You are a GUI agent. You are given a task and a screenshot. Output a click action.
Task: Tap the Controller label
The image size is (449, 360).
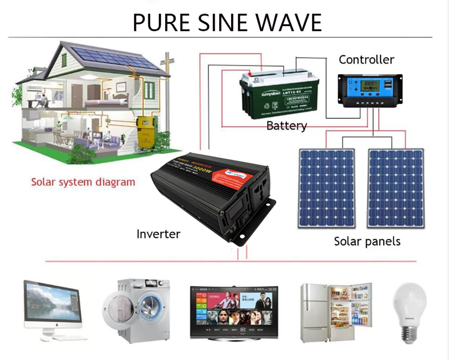366,60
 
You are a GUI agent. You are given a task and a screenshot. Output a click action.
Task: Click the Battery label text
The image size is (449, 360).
286,125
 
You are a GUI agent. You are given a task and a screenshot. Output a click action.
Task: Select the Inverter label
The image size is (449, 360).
158,234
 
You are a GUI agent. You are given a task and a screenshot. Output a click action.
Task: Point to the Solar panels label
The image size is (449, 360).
367,241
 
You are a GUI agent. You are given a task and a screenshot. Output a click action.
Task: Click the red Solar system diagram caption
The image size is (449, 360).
83,182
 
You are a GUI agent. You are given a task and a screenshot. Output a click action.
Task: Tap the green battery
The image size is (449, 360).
279,95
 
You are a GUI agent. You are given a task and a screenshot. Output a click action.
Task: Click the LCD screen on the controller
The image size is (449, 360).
371,86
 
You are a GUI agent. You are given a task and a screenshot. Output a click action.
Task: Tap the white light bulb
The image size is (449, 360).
409,310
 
